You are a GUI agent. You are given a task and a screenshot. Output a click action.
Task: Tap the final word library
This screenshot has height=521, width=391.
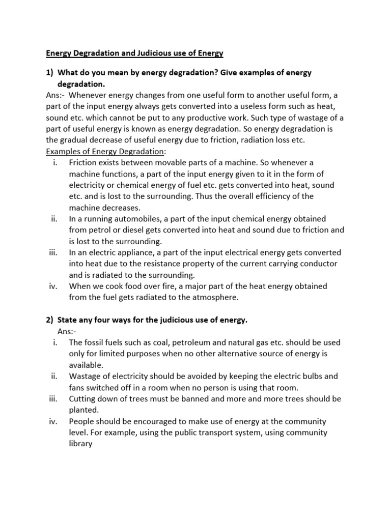tap(81, 444)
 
